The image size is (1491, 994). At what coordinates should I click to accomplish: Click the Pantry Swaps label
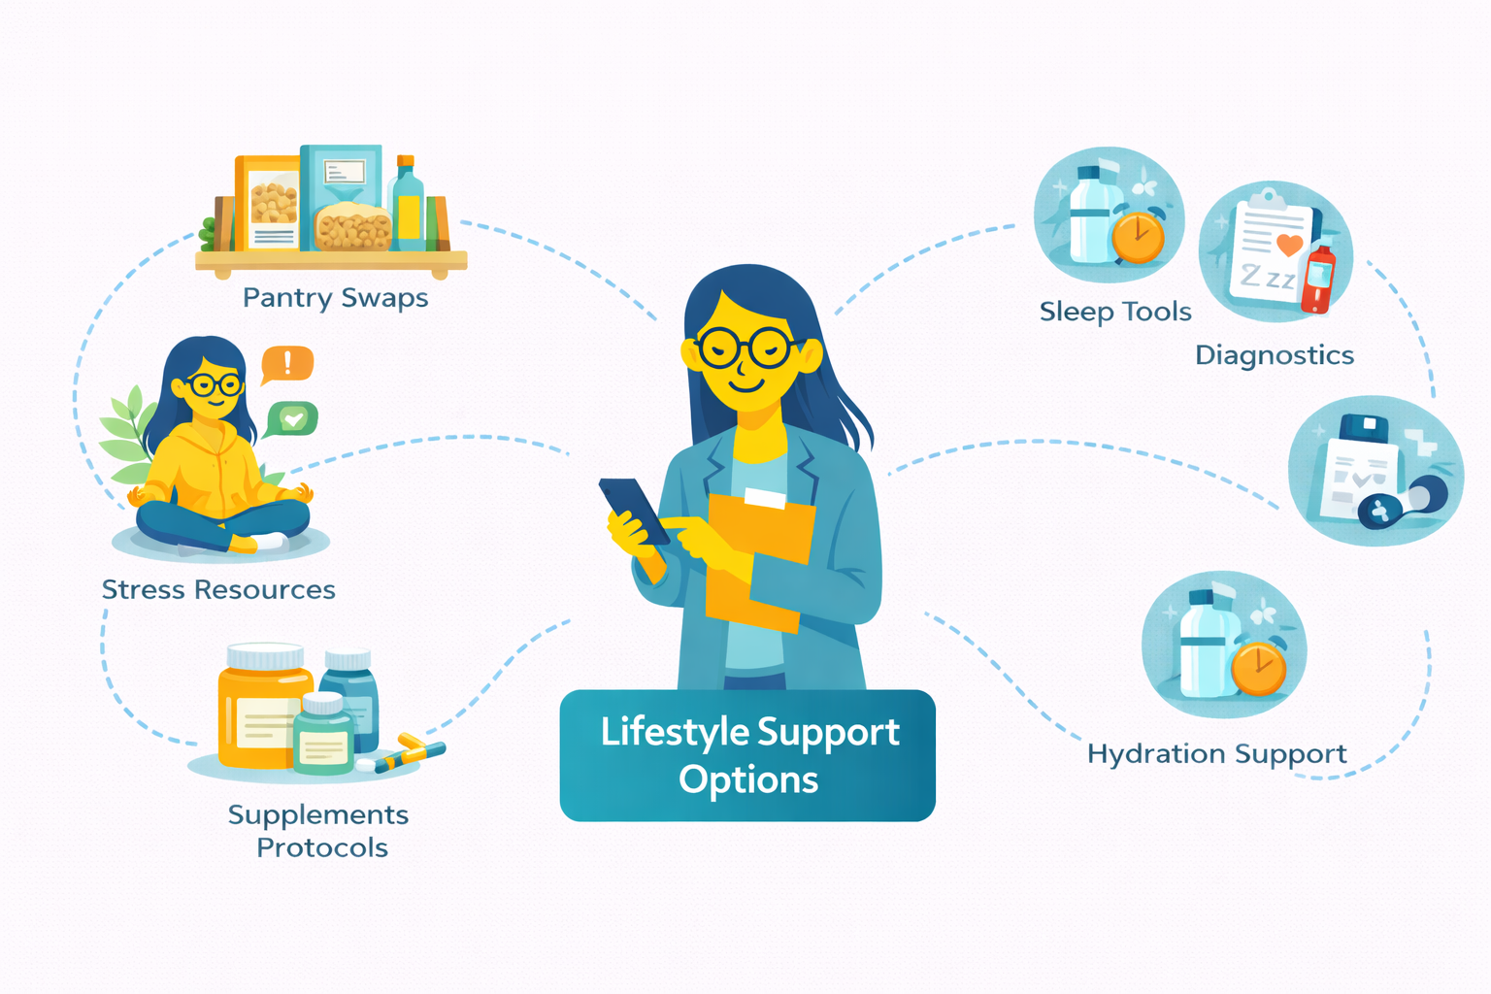pyautogui.click(x=335, y=297)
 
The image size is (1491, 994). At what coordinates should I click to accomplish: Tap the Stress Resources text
pyautogui.click(x=218, y=589)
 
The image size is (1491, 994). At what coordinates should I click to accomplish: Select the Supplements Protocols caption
pyautogui.click(x=319, y=831)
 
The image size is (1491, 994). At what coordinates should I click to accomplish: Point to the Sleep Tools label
pyautogui.click(x=1115, y=312)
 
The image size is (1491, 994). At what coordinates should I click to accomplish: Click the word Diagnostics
pyautogui.click(x=1274, y=355)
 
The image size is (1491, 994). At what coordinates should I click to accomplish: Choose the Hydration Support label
pyautogui.click(x=1216, y=754)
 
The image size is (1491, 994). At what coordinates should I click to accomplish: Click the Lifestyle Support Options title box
pyautogui.click(x=747, y=755)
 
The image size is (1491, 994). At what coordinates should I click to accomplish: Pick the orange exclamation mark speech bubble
pyautogui.click(x=287, y=364)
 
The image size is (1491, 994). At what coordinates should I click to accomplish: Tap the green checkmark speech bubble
pyautogui.click(x=292, y=417)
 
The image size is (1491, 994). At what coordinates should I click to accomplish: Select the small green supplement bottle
pyautogui.click(x=323, y=735)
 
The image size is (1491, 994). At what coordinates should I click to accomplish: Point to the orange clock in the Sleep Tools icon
pyautogui.click(x=1138, y=237)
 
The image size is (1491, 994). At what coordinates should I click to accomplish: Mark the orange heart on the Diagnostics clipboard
pyautogui.click(x=1289, y=245)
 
